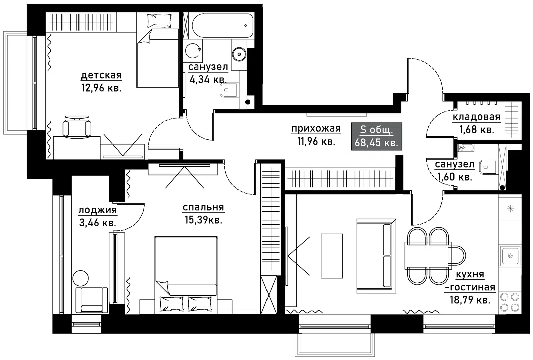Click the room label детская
(x=101, y=75)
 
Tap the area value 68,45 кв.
(x=376, y=143)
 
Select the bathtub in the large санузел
(x=222, y=25)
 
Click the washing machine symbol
(x=193, y=51)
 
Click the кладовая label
(x=476, y=117)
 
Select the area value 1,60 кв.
(x=455, y=177)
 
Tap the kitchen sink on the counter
(x=510, y=256)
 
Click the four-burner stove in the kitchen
(x=510, y=302)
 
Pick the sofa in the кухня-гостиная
(x=376, y=256)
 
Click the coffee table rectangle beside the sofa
(x=332, y=256)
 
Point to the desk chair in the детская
(x=77, y=127)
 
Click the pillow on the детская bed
(x=159, y=21)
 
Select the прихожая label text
(x=316, y=129)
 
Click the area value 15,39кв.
(x=203, y=220)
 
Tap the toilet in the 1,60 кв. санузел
(x=488, y=167)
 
